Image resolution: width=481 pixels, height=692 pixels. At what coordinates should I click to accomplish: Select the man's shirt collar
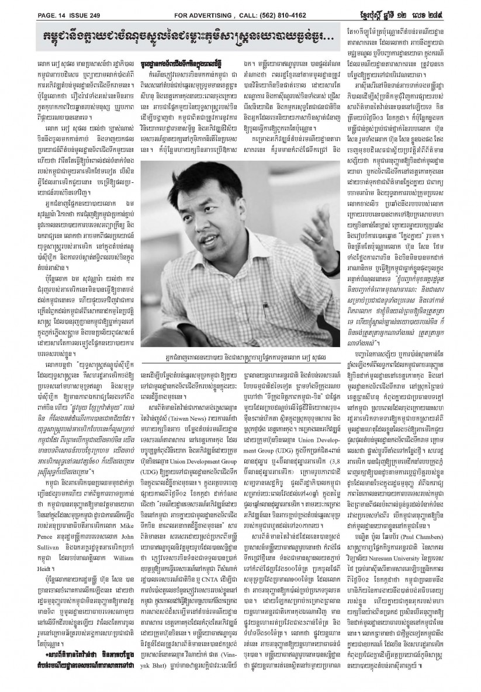point(234,245)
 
